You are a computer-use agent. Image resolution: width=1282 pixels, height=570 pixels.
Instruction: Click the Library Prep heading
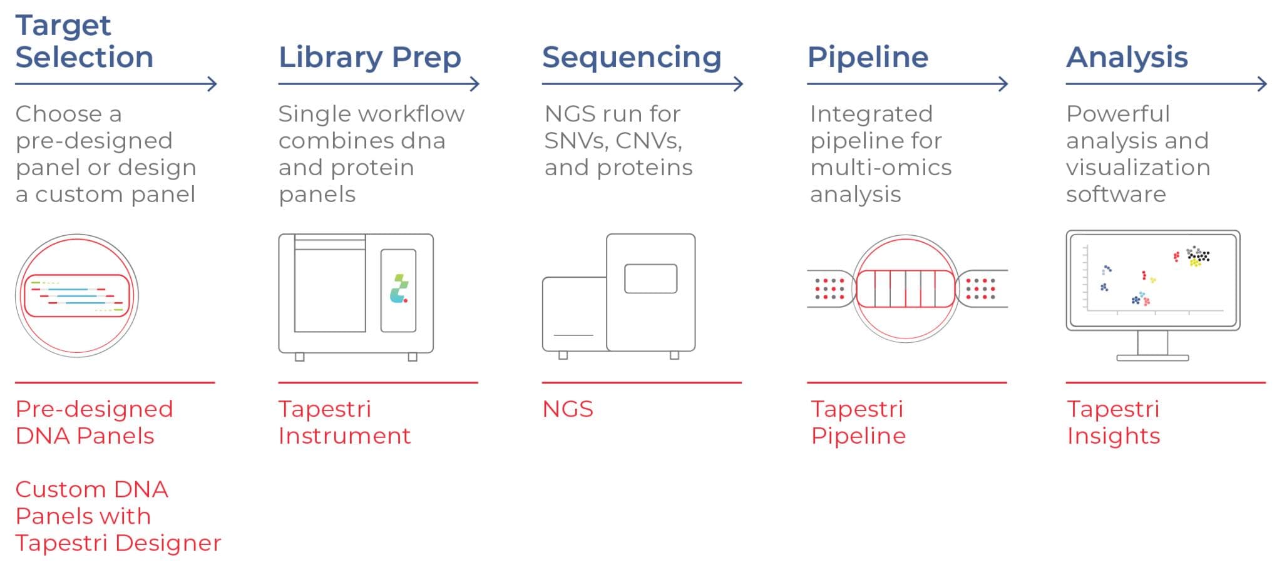[369, 58]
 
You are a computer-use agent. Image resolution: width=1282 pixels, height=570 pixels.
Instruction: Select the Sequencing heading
[631, 58]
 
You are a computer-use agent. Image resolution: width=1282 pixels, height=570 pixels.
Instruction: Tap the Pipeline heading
[867, 58]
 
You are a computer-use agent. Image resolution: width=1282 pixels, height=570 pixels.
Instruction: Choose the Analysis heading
[1126, 58]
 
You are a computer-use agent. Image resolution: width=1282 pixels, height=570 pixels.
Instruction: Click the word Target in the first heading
[63, 26]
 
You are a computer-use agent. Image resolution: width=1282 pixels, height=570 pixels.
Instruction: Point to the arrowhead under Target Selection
[213, 84]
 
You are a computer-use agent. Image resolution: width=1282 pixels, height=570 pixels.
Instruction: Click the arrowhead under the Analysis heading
[1263, 84]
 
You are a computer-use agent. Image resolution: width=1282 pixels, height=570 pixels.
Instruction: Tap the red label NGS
[567, 409]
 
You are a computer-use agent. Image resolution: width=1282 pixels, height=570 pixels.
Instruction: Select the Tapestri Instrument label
[344, 422]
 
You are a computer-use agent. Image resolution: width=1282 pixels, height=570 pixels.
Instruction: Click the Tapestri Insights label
[1113, 422]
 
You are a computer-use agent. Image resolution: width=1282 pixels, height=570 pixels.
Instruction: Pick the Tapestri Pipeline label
[858, 422]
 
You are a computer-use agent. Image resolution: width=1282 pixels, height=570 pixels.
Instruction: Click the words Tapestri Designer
[118, 543]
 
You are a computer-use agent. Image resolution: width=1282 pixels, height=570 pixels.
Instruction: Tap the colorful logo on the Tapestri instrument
[399, 289]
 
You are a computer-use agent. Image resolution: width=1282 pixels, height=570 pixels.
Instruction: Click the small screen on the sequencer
[650, 278]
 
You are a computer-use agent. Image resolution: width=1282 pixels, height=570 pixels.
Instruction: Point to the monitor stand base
[1152, 358]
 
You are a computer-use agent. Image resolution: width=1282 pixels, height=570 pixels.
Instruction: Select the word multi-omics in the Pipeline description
[880, 168]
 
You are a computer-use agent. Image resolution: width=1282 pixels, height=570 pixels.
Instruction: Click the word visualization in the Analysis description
[1137, 168]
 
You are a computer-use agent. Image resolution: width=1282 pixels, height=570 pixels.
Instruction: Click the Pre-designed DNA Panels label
[94, 422]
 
